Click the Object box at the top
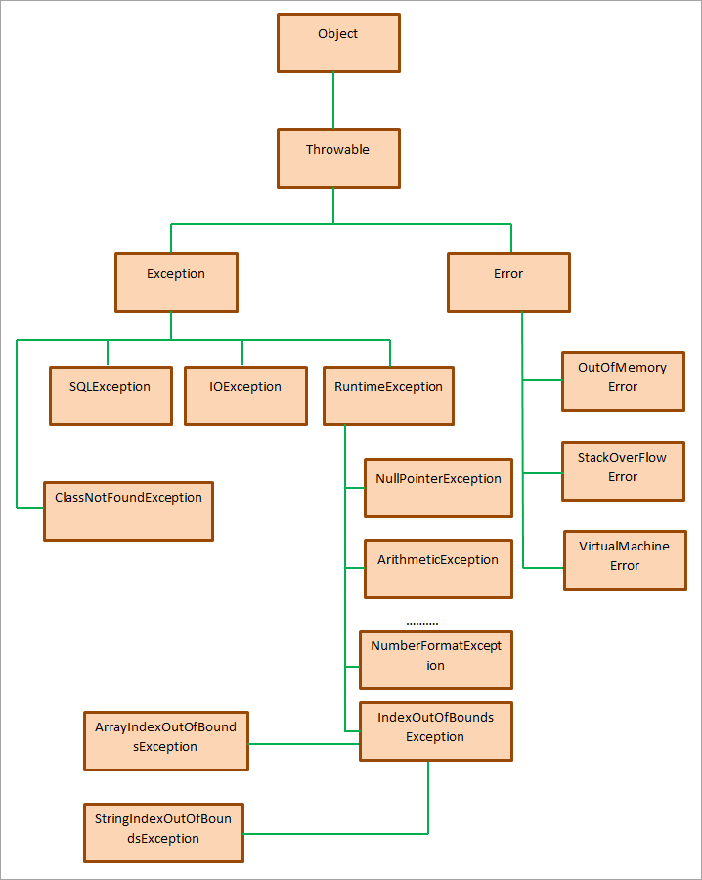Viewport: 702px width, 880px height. click(338, 42)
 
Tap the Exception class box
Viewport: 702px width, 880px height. click(176, 283)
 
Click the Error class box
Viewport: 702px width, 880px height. click(508, 283)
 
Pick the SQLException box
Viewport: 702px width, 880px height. click(110, 395)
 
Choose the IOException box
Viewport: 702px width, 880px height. click(245, 395)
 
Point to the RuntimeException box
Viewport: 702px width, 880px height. click(388, 395)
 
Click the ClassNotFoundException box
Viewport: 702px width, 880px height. click(128, 509)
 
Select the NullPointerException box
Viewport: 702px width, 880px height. click(438, 487)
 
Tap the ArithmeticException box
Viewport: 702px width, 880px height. click(438, 568)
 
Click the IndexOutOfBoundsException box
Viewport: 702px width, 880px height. click(436, 730)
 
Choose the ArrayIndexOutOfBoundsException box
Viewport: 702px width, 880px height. click(166, 740)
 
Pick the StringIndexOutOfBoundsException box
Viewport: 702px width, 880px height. click(163, 832)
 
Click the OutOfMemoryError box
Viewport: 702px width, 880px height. click(623, 380)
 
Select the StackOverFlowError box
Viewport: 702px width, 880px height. click(623, 470)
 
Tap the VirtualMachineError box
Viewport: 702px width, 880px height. click(625, 559)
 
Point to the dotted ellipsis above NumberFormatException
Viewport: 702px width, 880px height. click(422, 622)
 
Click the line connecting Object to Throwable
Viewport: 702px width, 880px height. click(333, 102)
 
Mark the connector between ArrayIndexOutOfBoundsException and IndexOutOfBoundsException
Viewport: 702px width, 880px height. click(304, 743)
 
